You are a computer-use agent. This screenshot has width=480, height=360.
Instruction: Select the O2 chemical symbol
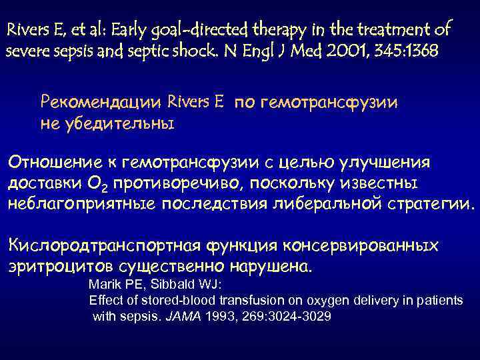[111, 183]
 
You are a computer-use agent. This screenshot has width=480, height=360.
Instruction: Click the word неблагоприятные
[83, 203]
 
